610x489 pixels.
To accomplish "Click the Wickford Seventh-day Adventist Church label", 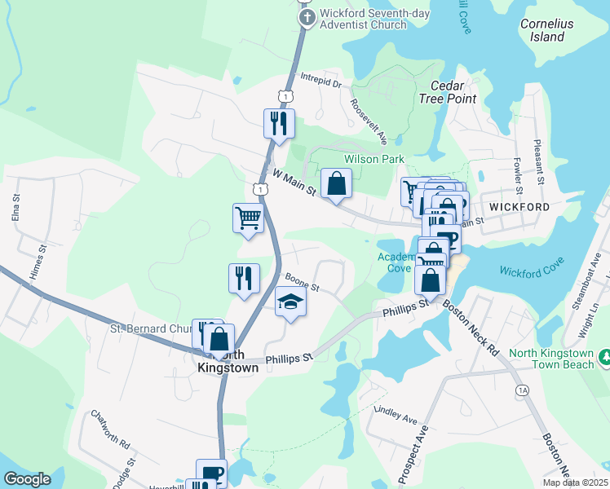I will click(x=363, y=19).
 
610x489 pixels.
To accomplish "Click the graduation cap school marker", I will click(x=290, y=303).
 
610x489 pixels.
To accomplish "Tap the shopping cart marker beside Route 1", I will click(x=248, y=218).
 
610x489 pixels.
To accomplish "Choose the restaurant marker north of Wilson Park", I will click(x=279, y=124).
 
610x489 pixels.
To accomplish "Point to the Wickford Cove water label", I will click(x=532, y=271).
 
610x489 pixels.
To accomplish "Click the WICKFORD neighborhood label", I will click(x=519, y=207).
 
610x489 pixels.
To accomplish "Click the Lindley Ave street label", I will click(x=396, y=414).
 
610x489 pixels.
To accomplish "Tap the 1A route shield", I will click(x=523, y=391).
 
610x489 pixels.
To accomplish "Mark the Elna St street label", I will click(x=15, y=210).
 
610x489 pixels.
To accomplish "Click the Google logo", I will click(x=28, y=479).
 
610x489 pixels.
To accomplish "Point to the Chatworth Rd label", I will click(x=111, y=431).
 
